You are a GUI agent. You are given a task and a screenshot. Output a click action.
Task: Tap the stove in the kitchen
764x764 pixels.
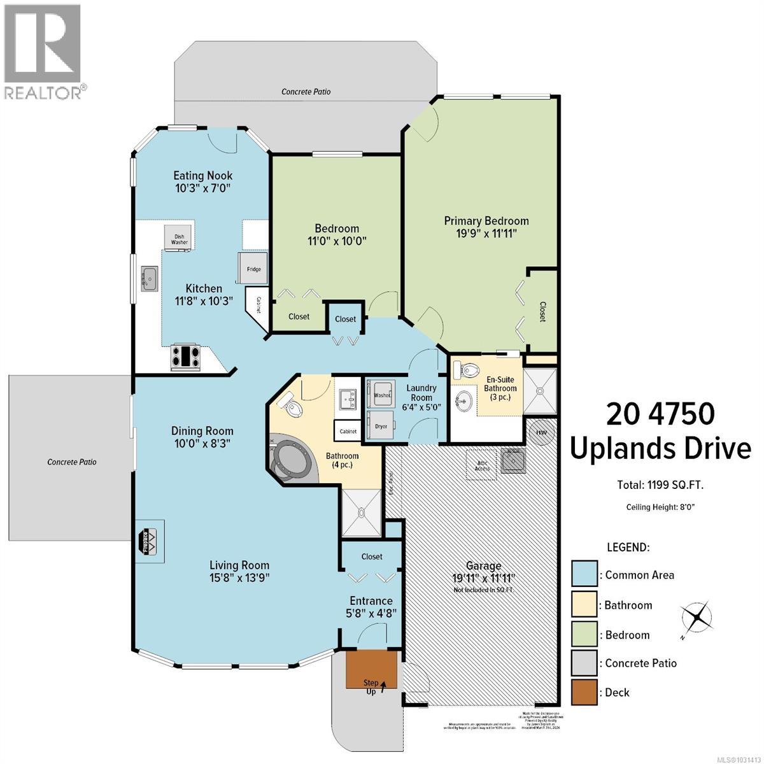pyautogui.click(x=186, y=357)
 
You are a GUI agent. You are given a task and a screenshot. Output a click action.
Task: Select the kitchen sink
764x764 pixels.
pyautogui.click(x=149, y=278)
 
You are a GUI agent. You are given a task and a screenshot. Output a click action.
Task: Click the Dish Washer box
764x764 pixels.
pyautogui.click(x=180, y=237)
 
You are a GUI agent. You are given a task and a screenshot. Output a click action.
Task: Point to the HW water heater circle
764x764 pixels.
pyautogui.click(x=541, y=432)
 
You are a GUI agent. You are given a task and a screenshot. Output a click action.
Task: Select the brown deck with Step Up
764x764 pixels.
pyautogui.click(x=372, y=669)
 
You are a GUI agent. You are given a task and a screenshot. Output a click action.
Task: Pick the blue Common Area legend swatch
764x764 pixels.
pyautogui.click(x=584, y=574)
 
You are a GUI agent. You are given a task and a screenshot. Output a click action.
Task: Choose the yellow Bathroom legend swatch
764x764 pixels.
pyautogui.click(x=584, y=605)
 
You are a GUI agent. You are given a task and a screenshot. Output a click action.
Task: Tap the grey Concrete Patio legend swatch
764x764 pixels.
pyautogui.click(x=584, y=663)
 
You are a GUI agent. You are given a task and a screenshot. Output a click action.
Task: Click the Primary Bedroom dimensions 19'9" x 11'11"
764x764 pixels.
pyautogui.click(x=486, y=234)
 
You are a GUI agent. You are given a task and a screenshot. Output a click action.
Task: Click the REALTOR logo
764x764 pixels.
pyautogui.click(x=43, y=51)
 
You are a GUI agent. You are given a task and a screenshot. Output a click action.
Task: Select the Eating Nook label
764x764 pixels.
pyautogui.click(x=203, y=176)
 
